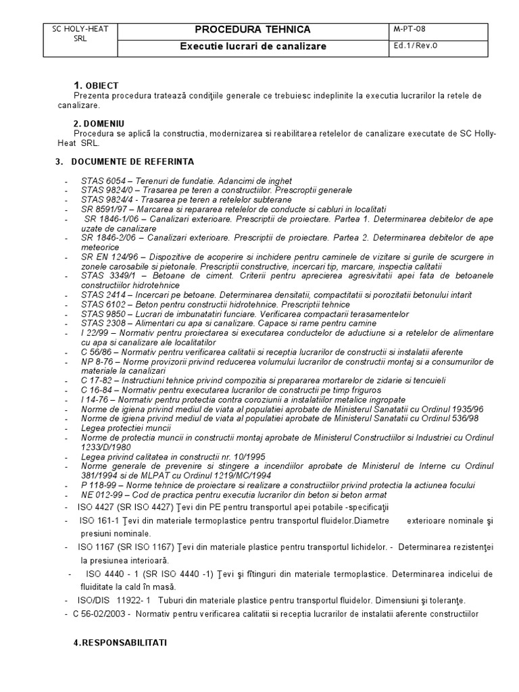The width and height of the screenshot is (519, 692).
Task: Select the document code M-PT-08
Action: point(410,28)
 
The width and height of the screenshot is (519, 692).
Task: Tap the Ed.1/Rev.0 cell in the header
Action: point(413,46)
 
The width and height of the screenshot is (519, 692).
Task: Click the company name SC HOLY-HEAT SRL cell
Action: point(80,34)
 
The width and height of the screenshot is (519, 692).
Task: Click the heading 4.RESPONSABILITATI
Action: point(120,644)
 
